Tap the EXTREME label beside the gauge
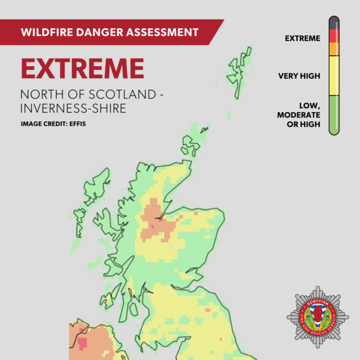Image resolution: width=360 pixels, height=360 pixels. pyautogui.click(x=302, y=39)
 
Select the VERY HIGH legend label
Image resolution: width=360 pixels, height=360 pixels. pyautogui.click(x=299, y=76)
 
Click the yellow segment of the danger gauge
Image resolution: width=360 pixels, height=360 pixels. pyautogui.click(x=334, y=75)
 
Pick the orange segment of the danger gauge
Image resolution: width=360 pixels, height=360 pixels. pyautogui.click(x=334, y=49)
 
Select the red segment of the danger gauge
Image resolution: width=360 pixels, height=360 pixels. pyautogui.click(x=334, y=36)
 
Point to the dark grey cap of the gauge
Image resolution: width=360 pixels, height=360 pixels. pyautogui.click(x=334, y=22)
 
